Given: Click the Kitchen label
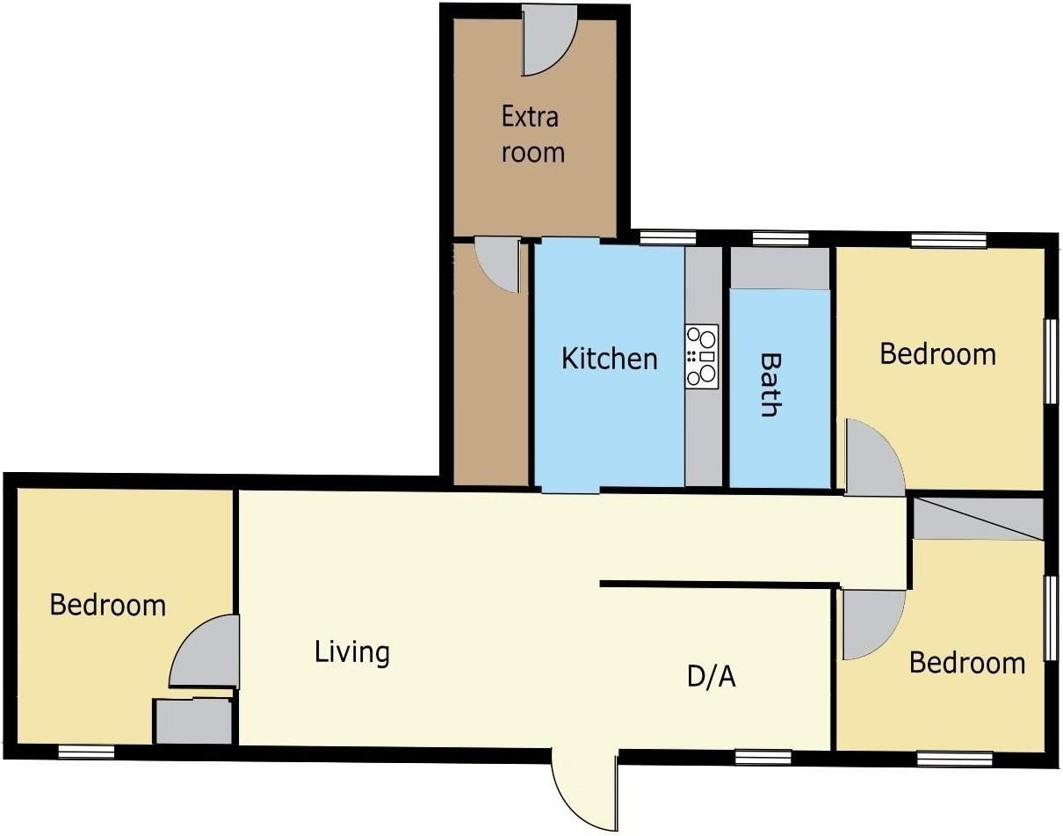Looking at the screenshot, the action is coord(609,359).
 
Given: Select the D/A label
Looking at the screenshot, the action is coord(712,677).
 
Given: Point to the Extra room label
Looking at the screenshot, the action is coord(532,134).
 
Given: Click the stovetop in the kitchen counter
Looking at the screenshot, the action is coord(701,356).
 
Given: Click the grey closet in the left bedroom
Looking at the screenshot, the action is coord(193,721).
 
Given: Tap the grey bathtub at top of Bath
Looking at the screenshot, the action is coord(779,268).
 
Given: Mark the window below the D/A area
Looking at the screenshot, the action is coord(763,757).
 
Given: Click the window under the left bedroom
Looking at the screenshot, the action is coord(87,752).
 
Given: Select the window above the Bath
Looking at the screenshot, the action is coord(780,239).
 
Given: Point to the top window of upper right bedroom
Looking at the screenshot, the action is coord(949,240).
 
